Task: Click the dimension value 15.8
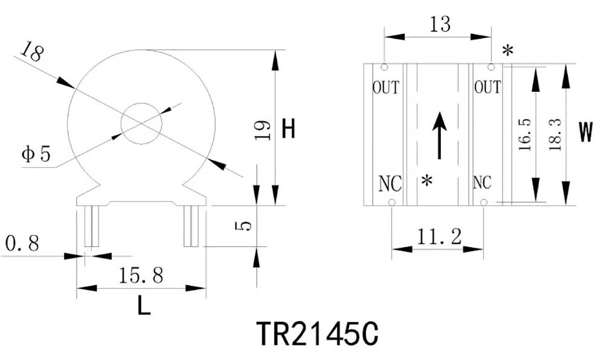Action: [141, 275]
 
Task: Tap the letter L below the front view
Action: [143, 306]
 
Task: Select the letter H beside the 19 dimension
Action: [289, 129]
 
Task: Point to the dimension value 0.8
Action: [22, 243]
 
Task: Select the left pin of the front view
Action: [91, 226]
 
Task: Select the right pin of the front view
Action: [191, 226]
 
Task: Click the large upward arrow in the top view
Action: [440, 136]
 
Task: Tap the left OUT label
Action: [385, 88]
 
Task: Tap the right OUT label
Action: [487, 88]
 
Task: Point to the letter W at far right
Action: [585, 133]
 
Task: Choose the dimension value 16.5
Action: [524, 134]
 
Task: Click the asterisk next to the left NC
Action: [428, 181]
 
